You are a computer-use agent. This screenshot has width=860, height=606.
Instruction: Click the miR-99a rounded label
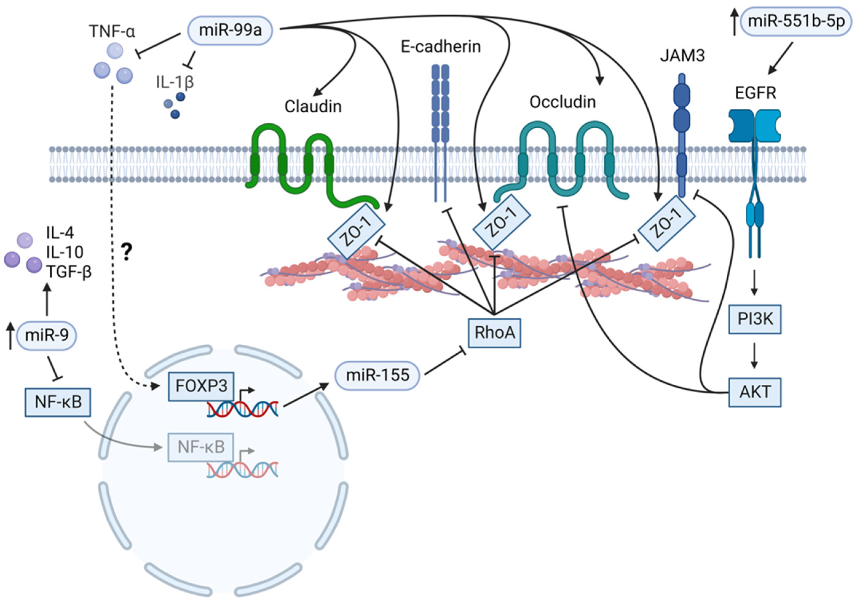[x=230, y=30]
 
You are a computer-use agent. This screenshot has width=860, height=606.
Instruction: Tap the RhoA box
[x=494, y=333]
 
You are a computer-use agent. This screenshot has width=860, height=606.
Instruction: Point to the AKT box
[x=755, y=392]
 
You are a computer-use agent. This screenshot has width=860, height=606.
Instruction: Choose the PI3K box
[x=755, y=319]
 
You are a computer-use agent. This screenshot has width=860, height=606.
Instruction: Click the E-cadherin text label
[x=441, y=47]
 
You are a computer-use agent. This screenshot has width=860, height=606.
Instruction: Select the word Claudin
[x=313, y=107]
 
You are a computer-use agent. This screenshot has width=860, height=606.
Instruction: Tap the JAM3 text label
[x=682, y=56]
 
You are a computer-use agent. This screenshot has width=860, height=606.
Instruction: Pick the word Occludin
[x=562, y=102]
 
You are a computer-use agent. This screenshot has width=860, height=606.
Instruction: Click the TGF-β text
[x=69, y=271]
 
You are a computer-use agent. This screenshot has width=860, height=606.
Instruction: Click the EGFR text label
[x=755, y=93]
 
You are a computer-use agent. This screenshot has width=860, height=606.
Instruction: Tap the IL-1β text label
[x=175, y=82]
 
